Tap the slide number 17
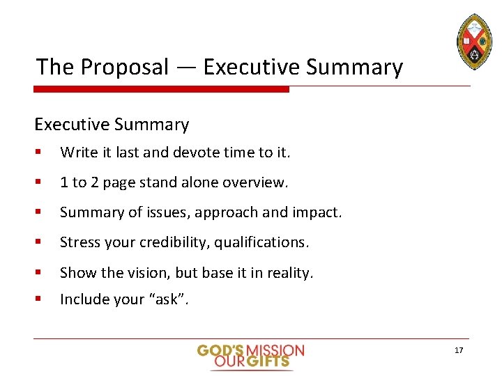point(459,350)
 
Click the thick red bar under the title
point(161,89)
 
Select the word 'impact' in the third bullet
point(320,212)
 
